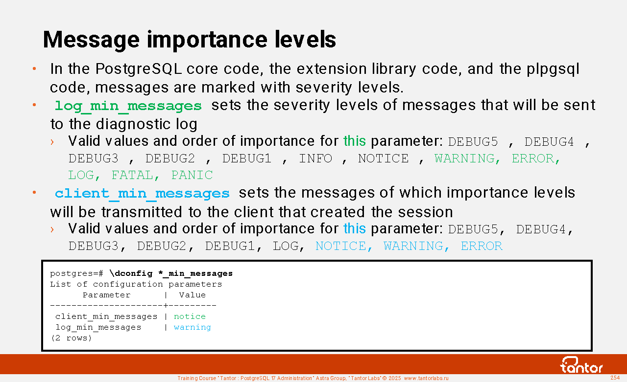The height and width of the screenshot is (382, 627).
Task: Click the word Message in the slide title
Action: (x=91, y=40)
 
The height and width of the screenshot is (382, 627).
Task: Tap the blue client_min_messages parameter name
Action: (x=142, y=194)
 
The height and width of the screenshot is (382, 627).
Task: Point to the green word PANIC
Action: (x=192, y=175)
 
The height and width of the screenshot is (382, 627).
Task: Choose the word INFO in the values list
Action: (x=315, y=158)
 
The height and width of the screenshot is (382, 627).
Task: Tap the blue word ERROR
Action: (x=482, y=246)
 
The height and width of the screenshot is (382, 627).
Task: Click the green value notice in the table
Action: (x=190, y=316)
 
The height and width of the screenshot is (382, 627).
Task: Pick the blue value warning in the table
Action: (x=193, y=327)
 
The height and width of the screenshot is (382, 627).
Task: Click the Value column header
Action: (x=193, y=295)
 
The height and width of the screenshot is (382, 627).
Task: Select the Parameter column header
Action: (x=107, y=295)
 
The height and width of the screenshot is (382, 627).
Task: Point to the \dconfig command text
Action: (x=171, y=273)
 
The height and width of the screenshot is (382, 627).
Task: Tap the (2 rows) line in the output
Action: (x=71, y=338)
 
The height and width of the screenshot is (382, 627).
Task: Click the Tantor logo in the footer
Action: (x=581, y=365)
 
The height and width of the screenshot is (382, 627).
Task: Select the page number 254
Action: (x=615, y=378)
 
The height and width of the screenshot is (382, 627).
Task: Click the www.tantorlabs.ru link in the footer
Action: (x=426, y=378)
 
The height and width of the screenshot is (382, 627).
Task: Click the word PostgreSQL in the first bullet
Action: (x=139, y=69)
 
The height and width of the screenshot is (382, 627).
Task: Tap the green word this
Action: (x=354, y=141)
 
